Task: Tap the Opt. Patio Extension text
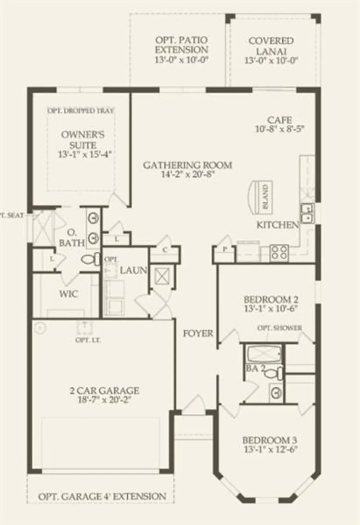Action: [181, 45]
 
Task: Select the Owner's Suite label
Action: [83, 139]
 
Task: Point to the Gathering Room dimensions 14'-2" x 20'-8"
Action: [188, 174]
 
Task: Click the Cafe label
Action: [279, 120]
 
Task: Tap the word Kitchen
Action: [277, 225]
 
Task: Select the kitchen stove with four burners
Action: [279, 252]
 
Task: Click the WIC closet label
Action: [69, 294]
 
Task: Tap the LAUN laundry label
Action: [133, 270]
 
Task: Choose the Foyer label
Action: [198, 333]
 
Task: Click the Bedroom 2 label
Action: [271, 300]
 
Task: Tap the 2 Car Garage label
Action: [104, 390]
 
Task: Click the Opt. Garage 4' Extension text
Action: [102, 496]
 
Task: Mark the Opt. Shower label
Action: [279, 328]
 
